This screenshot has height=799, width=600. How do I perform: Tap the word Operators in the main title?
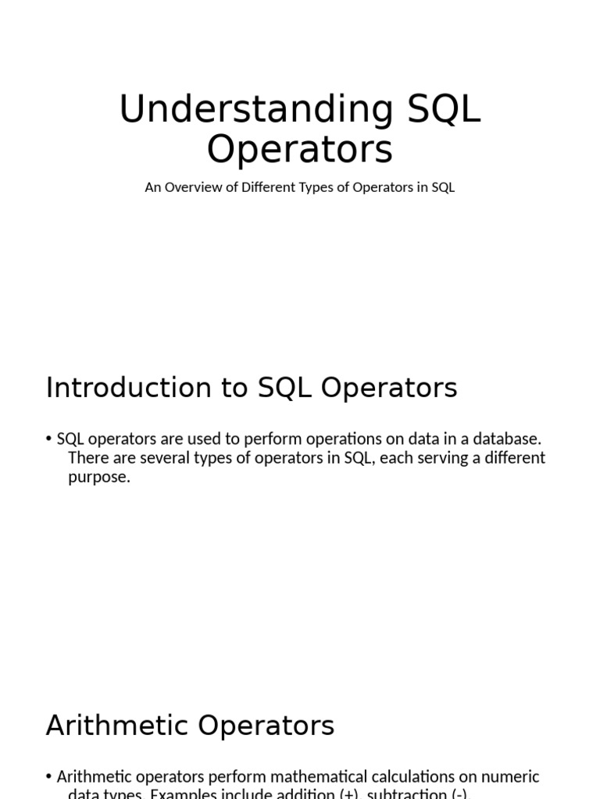click(299, 149)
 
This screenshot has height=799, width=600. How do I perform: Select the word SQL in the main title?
click(444, 110)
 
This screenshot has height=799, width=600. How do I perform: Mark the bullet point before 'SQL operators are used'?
click(49, 439)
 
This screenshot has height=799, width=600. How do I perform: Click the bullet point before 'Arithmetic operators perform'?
click(49, 776)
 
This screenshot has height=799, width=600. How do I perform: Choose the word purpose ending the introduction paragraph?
click(98, 477)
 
